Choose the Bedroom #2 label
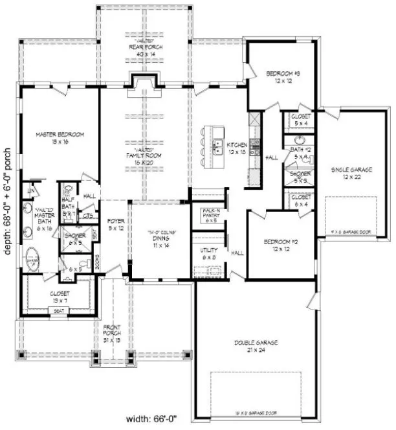tap(280, 245)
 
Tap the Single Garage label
tap(350, 172)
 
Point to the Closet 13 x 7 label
tap(60, 296)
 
